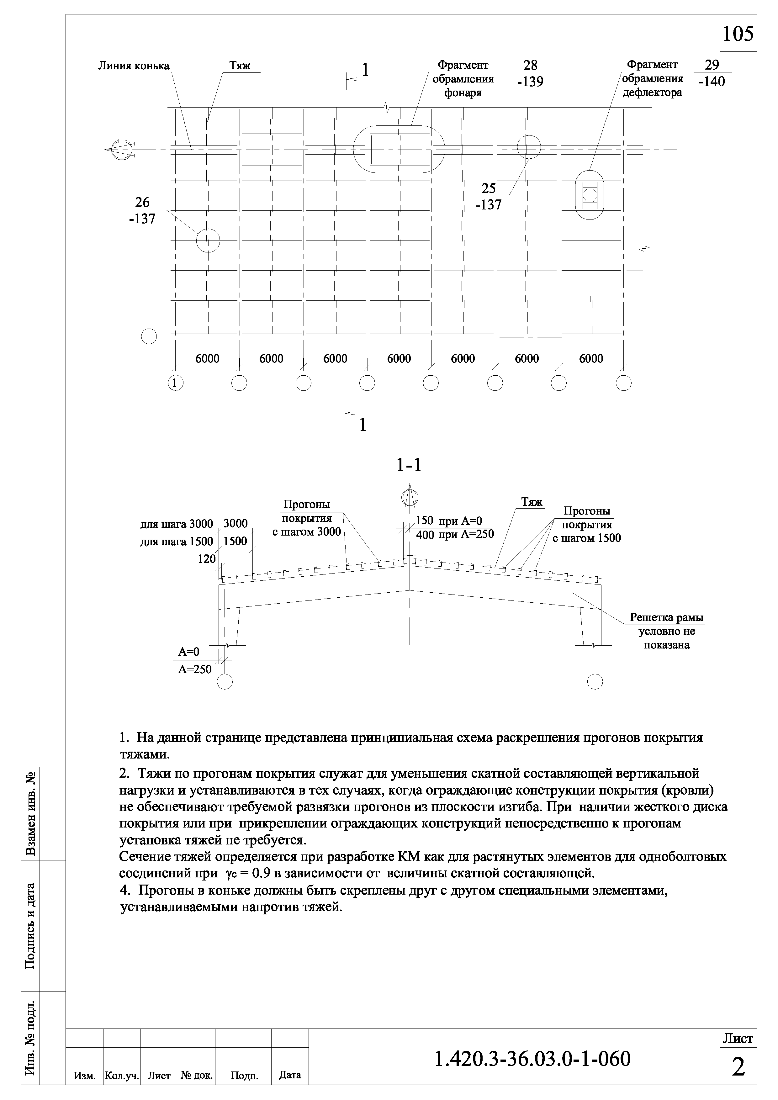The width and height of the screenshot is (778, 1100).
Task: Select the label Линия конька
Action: [133, 66]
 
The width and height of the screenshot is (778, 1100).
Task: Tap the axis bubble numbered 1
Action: [175, 383]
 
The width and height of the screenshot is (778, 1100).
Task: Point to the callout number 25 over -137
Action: [488, 196]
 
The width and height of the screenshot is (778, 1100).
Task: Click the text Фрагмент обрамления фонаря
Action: [463, 79]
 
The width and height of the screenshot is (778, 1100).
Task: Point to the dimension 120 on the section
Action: [207, 559]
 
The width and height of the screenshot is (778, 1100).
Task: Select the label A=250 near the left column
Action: [195, 669]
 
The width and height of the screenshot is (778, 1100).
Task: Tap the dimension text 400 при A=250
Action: [455, 535]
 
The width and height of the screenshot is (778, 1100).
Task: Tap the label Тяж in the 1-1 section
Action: [532, 502]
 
